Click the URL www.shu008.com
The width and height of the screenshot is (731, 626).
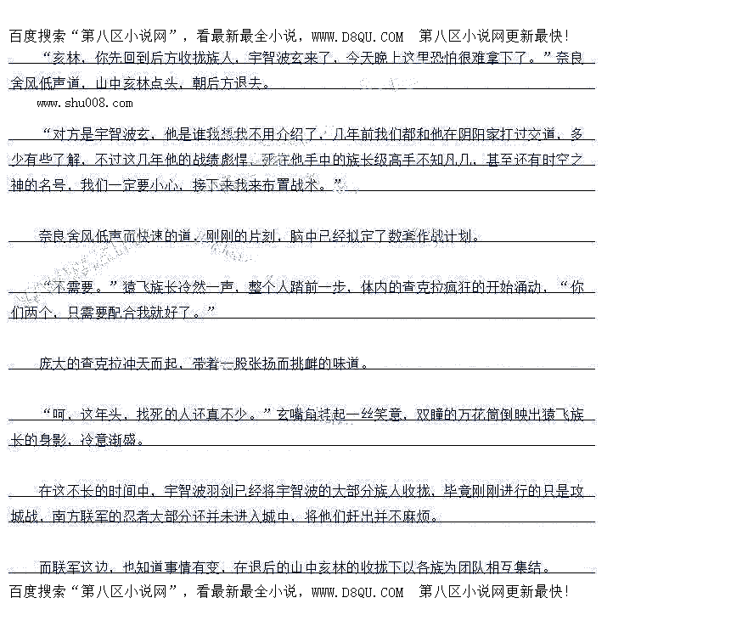pyautogui.click(x=85, y=104)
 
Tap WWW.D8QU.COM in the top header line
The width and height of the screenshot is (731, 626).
pyautogui.click(x=357, y=37)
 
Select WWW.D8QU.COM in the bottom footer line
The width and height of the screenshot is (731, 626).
pyautogui.click(x=357, y=592)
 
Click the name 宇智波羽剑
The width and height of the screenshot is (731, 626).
pyautogui.click(x=204, y=491)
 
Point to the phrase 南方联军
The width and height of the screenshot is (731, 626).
pyautogui.click(x=83, y=516)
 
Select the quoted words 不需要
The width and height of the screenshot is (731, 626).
pyautogui.click(x=77, y=287)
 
